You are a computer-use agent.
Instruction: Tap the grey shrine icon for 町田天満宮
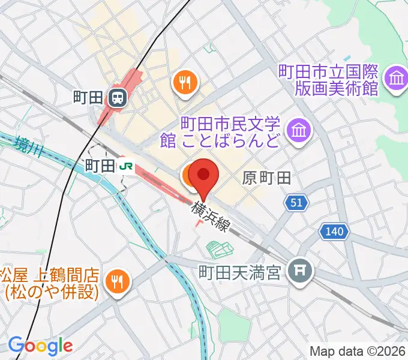tap(298, 271)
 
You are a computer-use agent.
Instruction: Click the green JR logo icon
tap(126, 165)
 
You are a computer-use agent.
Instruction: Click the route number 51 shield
tap(295, 203)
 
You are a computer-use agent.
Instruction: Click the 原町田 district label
tap(266, 178)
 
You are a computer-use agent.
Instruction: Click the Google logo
tap(41, 346)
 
